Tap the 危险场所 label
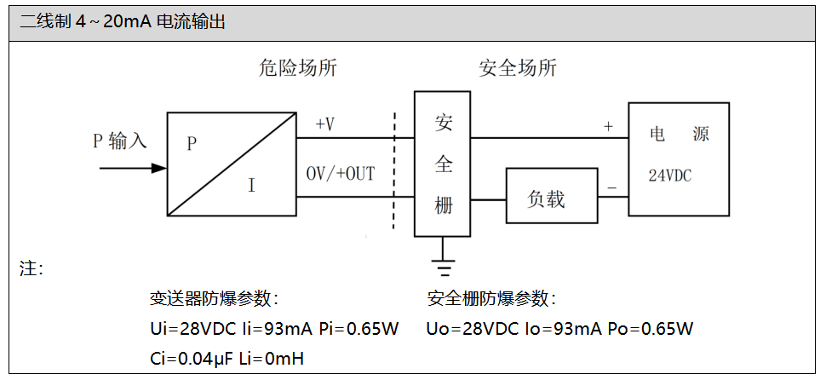coord(298,68)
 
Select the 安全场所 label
coord(518,68)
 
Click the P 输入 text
coord(120,141)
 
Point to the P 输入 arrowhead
coord(158,168)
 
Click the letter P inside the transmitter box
coord(192,144)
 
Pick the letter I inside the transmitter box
coord(251,184)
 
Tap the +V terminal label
coord(324,125)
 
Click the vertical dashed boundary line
coord(393,170)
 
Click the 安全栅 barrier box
coord(443,164)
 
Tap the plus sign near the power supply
coord(608,126)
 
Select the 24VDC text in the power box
coord(670,176)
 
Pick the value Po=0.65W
coord(651,329)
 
